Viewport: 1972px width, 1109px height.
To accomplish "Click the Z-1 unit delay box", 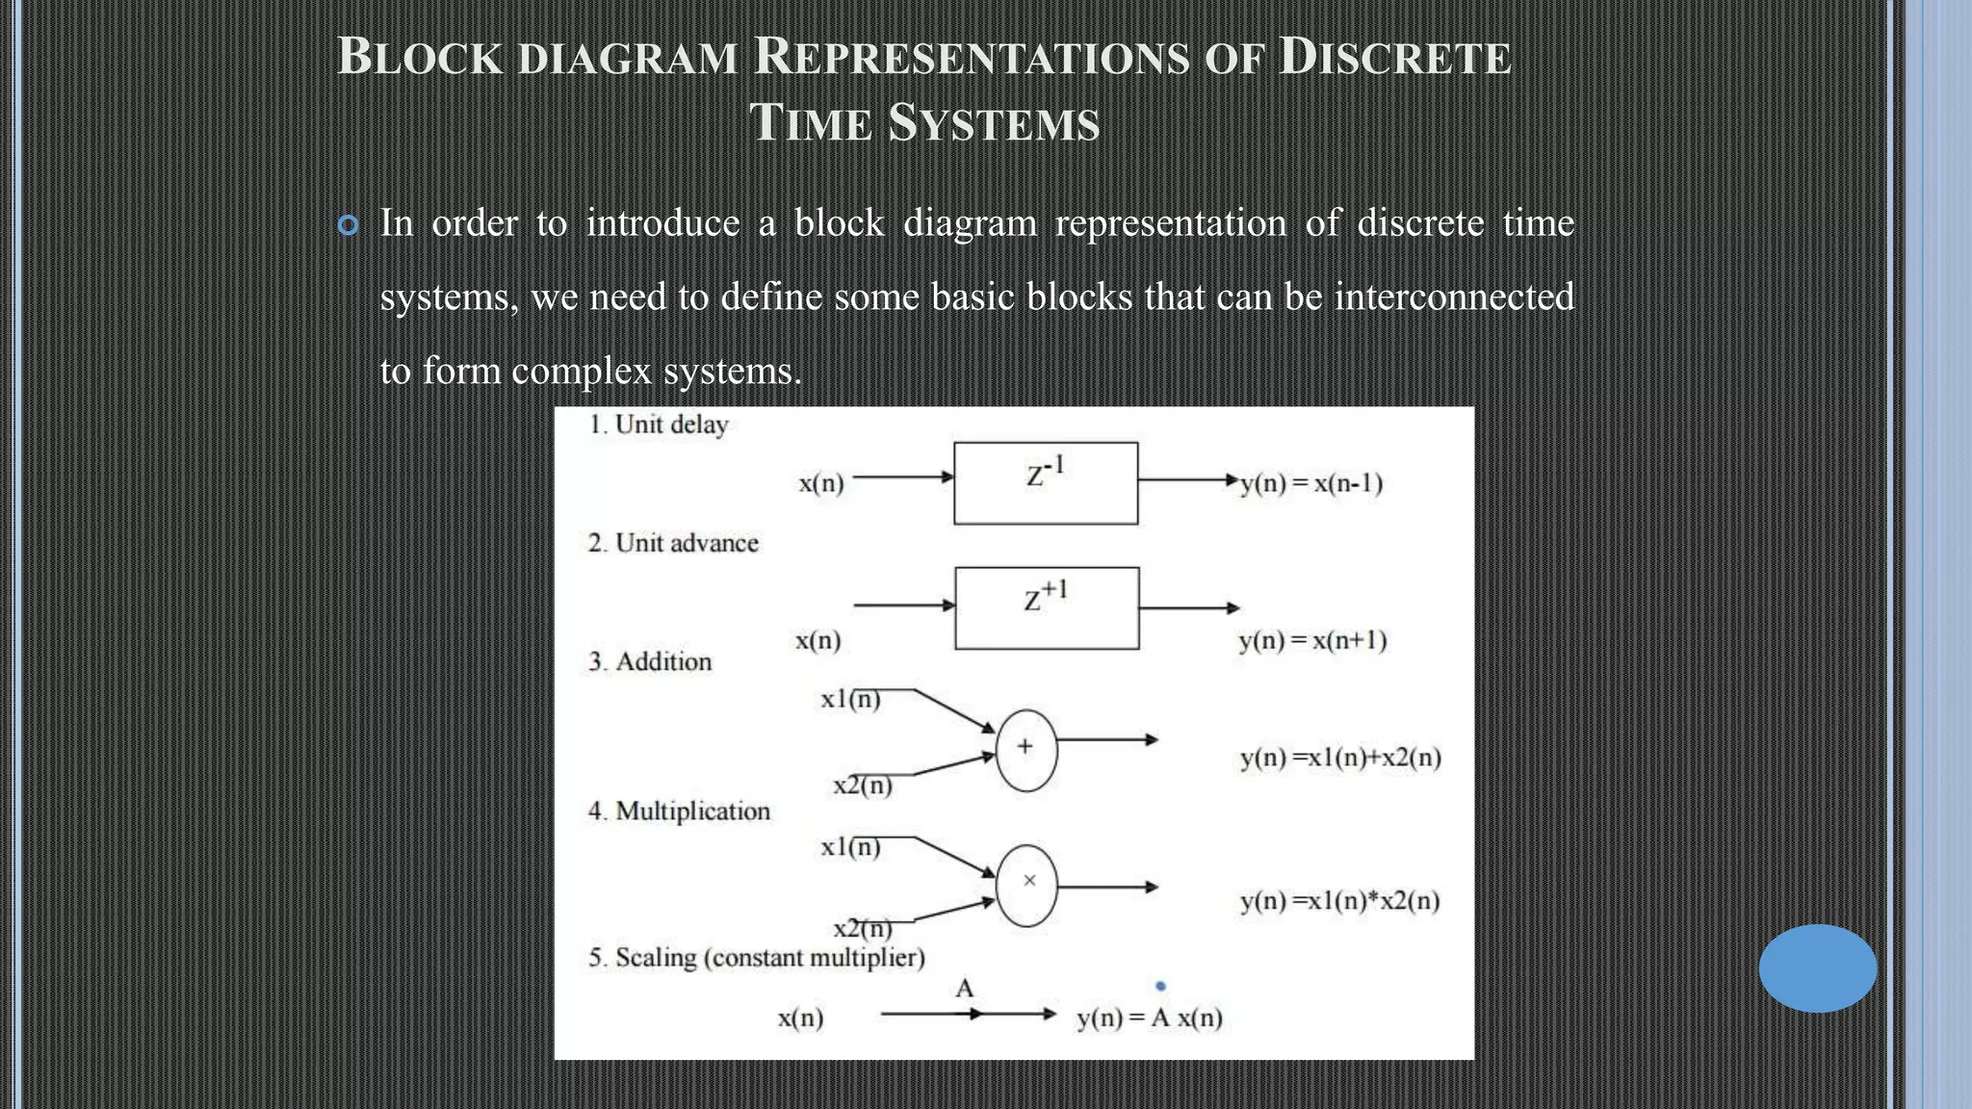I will [1046, 483].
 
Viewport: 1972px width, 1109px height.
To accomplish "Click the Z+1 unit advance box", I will [1047, 607].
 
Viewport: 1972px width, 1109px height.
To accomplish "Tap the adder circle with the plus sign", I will [1026, 750].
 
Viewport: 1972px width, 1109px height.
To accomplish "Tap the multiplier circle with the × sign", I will [1026, 885].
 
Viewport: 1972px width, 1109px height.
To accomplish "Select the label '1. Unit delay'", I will [659, 425].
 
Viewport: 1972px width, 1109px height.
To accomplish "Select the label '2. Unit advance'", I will [673, 543].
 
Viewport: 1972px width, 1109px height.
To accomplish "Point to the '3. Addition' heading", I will [650, 661].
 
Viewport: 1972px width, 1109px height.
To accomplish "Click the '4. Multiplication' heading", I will [679, 811].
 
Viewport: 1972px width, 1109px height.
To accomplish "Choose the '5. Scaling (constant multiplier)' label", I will [757, 958].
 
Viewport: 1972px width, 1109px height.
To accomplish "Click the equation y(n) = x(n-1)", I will [1311, 483].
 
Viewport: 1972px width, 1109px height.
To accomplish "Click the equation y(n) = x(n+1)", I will [1312, 640].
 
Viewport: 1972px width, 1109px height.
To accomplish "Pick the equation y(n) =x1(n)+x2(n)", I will [1340, 758].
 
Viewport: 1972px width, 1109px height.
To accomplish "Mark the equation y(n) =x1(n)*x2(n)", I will [1339, 901].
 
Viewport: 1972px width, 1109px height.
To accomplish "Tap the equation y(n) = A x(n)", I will [1149, 1018].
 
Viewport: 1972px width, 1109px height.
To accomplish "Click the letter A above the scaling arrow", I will [965, 989].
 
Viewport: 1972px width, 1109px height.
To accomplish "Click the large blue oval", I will [1817, 967].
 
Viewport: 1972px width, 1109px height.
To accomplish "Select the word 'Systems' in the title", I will [994, 123].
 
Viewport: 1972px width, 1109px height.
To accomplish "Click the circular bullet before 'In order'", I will [349, 225].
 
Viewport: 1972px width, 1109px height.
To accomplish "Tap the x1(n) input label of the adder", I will [850, 699].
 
